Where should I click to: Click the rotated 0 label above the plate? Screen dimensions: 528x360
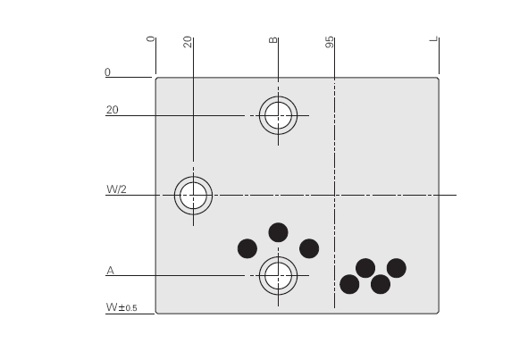pos(151,39)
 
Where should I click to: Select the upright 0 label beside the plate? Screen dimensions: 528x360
pos(107,72)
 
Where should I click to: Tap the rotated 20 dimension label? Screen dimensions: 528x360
pos(188,42)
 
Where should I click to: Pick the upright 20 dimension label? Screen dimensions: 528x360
pos(113,110)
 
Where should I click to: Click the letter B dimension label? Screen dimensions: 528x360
pos(273,40)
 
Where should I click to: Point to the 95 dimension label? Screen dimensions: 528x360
pos(330,42)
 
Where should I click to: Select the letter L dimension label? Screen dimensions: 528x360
pos(434,39)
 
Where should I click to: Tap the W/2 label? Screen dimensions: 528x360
pos(116,189)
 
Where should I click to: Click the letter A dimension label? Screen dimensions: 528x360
pos(110,270)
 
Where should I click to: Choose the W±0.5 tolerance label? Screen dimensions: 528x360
pos(122,307)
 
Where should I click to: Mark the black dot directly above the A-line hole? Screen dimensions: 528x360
pos(278,232)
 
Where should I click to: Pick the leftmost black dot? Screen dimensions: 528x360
pos(247,248)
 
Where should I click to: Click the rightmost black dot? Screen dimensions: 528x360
pos(397,268)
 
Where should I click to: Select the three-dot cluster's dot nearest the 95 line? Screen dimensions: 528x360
pos(309,248)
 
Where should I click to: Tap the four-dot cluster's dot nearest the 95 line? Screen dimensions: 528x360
pos(349,284)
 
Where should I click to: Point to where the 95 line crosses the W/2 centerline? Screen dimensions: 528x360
pos(334,195)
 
